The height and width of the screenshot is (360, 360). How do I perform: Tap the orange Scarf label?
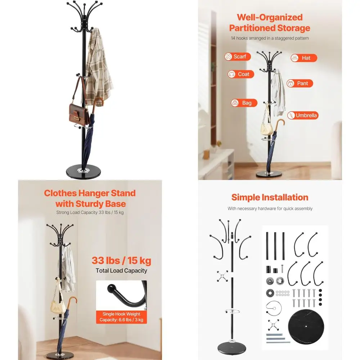pyautogui.click(x=236, y=57)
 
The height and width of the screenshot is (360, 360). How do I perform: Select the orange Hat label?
pyautogui.click(x=304, y=58)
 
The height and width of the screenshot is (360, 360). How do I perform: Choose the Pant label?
pyautogui.click(x=300, y=83)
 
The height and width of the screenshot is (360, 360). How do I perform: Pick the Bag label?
pyautogui.click(x=244, y=103)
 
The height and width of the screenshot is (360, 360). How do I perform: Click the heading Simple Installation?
pyautogui.click(x=270, y=197)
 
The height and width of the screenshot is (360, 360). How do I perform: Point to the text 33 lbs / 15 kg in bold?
pyautogui.click(x=121, y=260)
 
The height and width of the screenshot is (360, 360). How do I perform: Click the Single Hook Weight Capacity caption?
pyautogui.click(x=121, y=317)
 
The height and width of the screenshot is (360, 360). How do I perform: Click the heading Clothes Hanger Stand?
pyautogui.click(x=90, y=193)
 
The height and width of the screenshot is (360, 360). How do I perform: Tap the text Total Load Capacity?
pyautogui.click(x=121, y=271)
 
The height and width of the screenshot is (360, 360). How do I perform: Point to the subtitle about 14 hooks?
pyautogui.click(x=270, y=38)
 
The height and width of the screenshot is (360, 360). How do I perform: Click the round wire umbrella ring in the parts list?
pyautogui.click(x=276, y=307)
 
